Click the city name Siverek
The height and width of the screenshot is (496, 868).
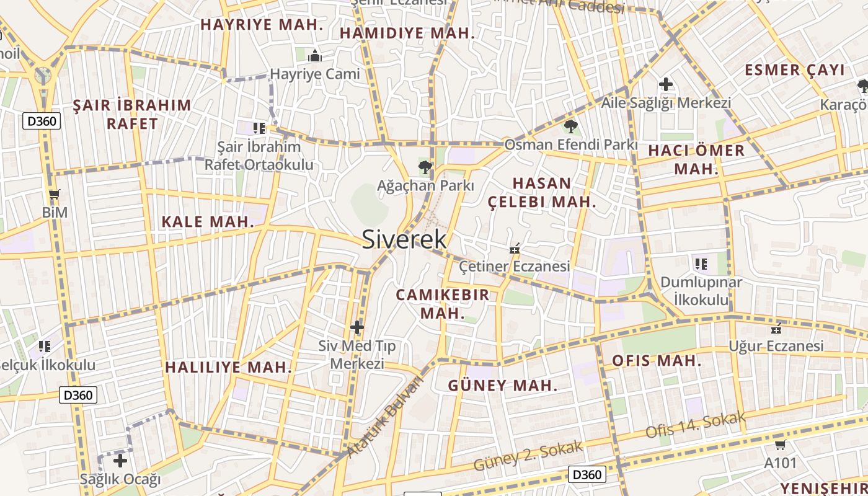coord(404,239)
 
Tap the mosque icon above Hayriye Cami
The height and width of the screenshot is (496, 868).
coord(315,56)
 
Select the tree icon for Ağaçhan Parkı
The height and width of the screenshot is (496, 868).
coord(425,166)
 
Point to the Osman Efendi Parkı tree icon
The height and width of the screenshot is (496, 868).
coord(570,126)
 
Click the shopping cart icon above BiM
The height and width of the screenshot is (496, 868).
coord(55,195)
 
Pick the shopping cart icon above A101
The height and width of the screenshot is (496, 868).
coord(780,445)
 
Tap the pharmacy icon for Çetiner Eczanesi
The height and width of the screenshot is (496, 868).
coord(514,249)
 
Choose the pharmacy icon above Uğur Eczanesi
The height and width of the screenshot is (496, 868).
coord(776,328)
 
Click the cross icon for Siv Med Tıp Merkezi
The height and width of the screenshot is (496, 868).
coord(357,327)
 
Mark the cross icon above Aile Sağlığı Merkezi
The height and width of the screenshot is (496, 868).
coord(666,84)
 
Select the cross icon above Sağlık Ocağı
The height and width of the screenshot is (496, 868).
coord(120,461)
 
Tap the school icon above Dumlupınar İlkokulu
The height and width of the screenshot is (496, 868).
coord(701,264)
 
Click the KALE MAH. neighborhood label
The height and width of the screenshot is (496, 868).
coord(208,221)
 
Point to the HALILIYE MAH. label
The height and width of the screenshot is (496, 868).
coord(228,367)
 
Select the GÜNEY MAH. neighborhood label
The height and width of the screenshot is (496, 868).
coord(502,386)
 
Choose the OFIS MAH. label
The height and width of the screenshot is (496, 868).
coord(657,361)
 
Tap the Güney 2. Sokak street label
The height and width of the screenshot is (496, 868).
coord(528,456)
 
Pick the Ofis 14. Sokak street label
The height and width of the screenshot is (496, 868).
coord(695,425)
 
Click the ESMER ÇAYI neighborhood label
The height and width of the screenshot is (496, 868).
coord(795,69)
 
